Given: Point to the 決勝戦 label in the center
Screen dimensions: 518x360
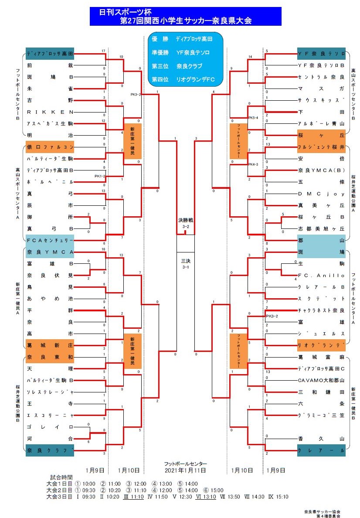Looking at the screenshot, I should click(185, 221).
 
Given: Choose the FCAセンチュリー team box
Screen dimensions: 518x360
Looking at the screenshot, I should click(50, 240).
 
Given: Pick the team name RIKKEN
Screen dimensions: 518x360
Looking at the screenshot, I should click(50, 112).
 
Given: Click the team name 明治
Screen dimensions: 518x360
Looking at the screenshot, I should click(50, 135).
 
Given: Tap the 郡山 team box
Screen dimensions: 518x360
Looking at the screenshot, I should click(321, 240).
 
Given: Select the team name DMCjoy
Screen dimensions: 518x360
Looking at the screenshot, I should click(321, 194).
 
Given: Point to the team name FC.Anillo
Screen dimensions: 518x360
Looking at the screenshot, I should click(321, 276).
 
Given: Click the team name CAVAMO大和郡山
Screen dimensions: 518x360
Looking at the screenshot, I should click(321, 380).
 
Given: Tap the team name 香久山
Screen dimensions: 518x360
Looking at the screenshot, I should click(321, 438).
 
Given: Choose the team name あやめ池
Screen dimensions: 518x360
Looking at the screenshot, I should click(50, 299).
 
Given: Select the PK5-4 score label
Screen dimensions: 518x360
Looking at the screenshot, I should click(254, 118).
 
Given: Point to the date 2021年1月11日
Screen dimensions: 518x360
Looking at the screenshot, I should click(185, 470).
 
